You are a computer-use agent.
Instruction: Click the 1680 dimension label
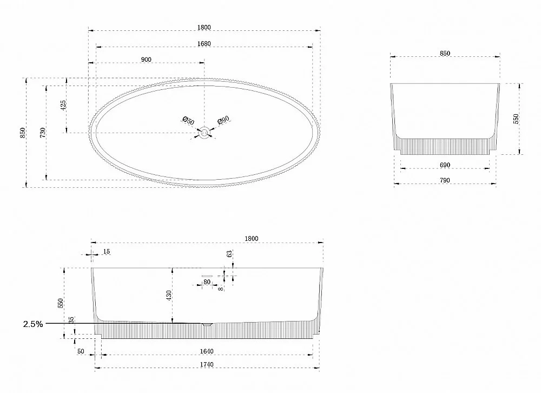tap(204, 43)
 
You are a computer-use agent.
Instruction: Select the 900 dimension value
tap(146, 60)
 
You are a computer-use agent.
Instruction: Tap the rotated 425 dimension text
tap(63, 106)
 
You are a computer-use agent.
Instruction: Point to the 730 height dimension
tap(42, 133)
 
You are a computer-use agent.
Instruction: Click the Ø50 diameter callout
tap(188, 121)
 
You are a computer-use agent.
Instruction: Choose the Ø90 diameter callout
tap(223, 120)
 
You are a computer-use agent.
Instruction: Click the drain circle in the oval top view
tap(204, 133)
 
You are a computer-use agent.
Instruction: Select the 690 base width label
tap(445, 165)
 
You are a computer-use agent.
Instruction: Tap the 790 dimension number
tap(445, 180)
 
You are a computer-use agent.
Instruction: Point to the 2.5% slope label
tap(33, 324)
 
